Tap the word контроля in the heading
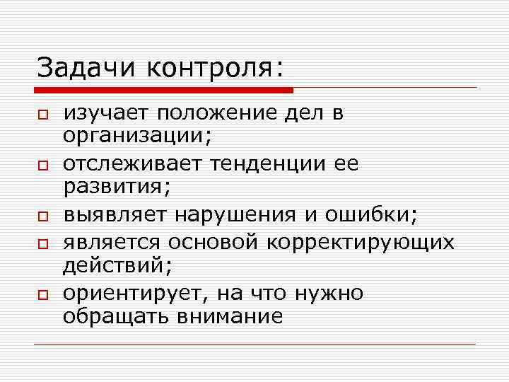(215, 69)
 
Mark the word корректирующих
(361, 243)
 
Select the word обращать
(112, 316)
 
